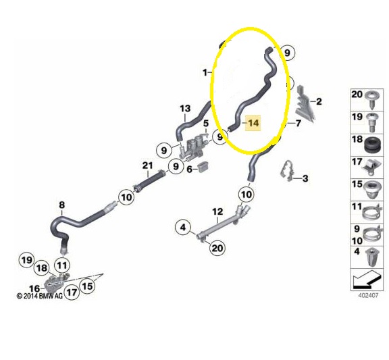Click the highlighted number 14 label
[253, 123]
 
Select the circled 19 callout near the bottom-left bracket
[27, 260]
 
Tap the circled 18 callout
[42, 268]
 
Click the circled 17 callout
[72, 292]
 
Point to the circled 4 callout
[183, 227]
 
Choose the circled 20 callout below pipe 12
[217, 248]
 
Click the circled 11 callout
[62, 265]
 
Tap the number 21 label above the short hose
[147, 165]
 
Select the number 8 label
[61, 205]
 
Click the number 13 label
[185, 109]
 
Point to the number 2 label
[319, 101]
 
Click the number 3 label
[305, 178]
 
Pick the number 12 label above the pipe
[217, 211]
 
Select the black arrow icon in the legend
[367, 280]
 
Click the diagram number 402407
[369, 295]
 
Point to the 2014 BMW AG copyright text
[40, 296]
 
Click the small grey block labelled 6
[203, 165]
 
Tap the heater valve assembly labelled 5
[193, 148]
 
